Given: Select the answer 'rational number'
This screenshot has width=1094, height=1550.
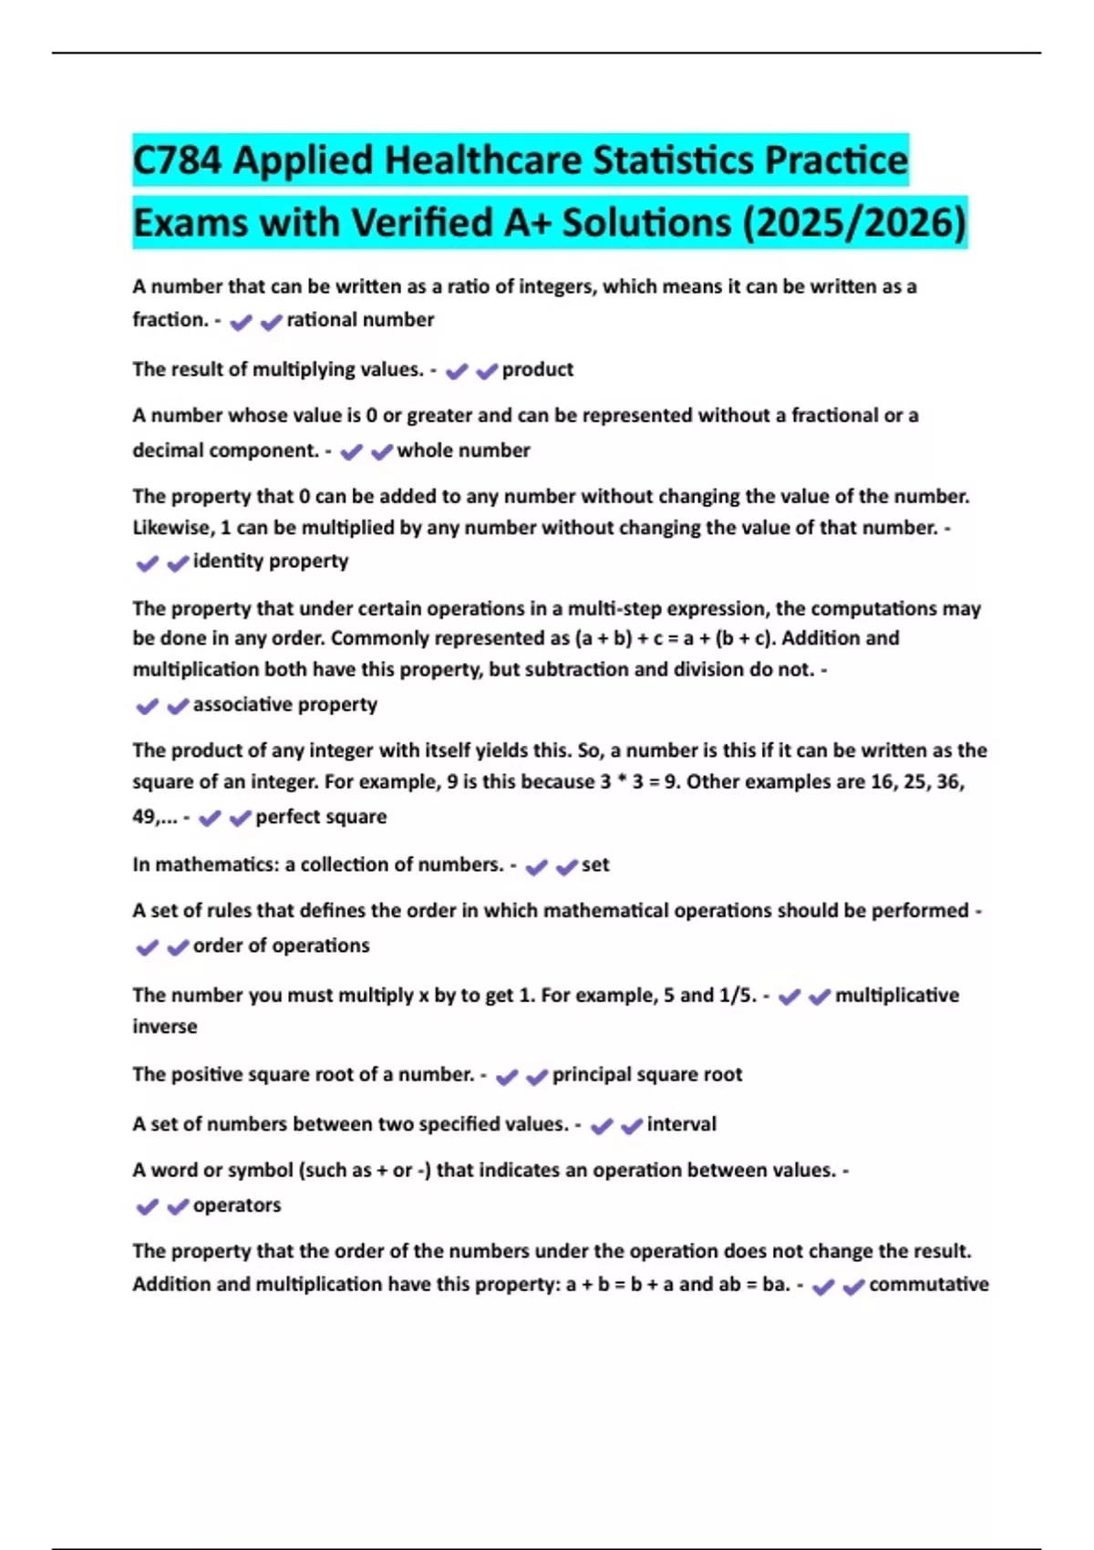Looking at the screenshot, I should (x=360, y=320).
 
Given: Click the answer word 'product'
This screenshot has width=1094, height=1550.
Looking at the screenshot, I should (x=537, y=369).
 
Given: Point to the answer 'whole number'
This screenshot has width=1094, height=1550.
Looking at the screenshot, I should (x=463, y=450).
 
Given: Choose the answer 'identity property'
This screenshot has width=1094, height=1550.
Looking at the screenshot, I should (x=270, y=561).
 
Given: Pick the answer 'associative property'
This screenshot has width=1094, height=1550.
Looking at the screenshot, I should (x=284, y=705).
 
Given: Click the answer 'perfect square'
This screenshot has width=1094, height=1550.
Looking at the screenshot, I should (x=321, y=817).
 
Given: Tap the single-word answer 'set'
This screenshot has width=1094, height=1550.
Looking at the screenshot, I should (x=595, y=864).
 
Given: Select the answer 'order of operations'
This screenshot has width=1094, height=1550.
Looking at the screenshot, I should (x=281, y=945).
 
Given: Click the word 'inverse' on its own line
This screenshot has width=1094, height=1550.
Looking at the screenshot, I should (x=165, y=1027).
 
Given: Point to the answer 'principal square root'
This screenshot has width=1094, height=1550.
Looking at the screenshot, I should (x=646, y=1074).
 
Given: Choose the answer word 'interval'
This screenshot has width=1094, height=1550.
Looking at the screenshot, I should (x=681, y=1124).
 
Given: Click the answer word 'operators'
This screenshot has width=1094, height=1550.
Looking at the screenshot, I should (x=237, y=1205).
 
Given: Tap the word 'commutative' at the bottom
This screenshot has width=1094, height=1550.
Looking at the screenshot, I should (x=928, y=1285).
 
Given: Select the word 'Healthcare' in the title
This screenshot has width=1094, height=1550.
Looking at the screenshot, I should (x=484, y=160).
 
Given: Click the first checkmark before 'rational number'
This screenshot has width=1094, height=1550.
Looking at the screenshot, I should (x=241, y=322).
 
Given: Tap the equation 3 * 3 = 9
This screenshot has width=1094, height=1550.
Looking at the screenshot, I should (x=639, y=782).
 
